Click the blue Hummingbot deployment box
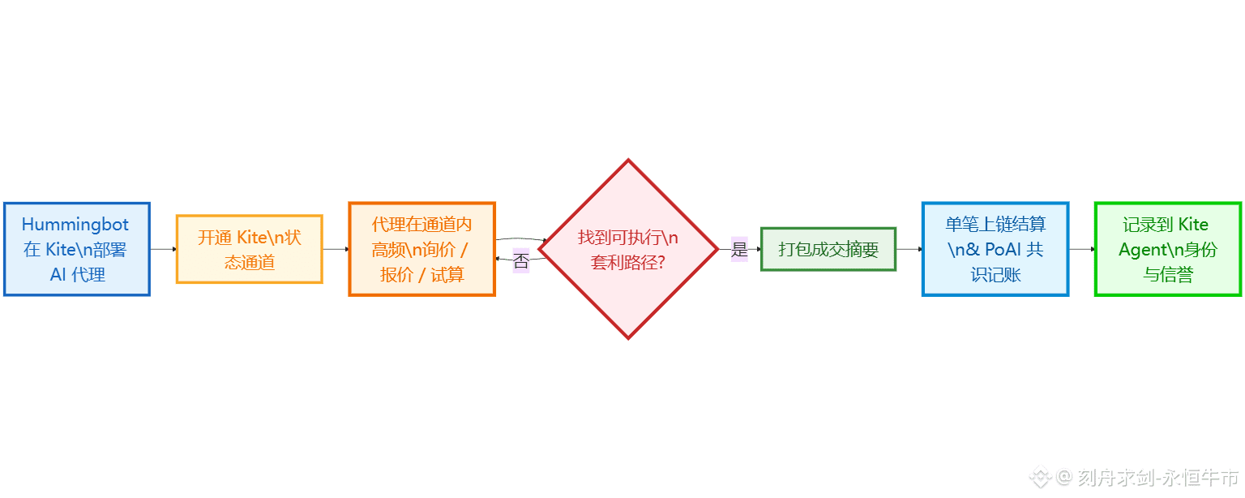point(76,249)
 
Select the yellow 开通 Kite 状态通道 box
point(249,249)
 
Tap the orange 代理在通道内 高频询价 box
point(421,249)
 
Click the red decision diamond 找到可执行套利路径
point(628,249)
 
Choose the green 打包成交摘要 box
point(828,249)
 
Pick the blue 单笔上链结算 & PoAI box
point(995,249)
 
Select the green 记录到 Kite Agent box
point(1167,249)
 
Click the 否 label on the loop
point(520,262)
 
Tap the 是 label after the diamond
point(739,250)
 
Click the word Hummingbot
point(75,225)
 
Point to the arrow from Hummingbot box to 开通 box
point(163,249)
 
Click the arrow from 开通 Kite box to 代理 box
point(336,249)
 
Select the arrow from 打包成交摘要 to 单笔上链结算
point(909,249)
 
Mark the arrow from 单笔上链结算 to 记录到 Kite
point(1081,249)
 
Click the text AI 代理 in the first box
point(78,275)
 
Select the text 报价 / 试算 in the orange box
point(421,275)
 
